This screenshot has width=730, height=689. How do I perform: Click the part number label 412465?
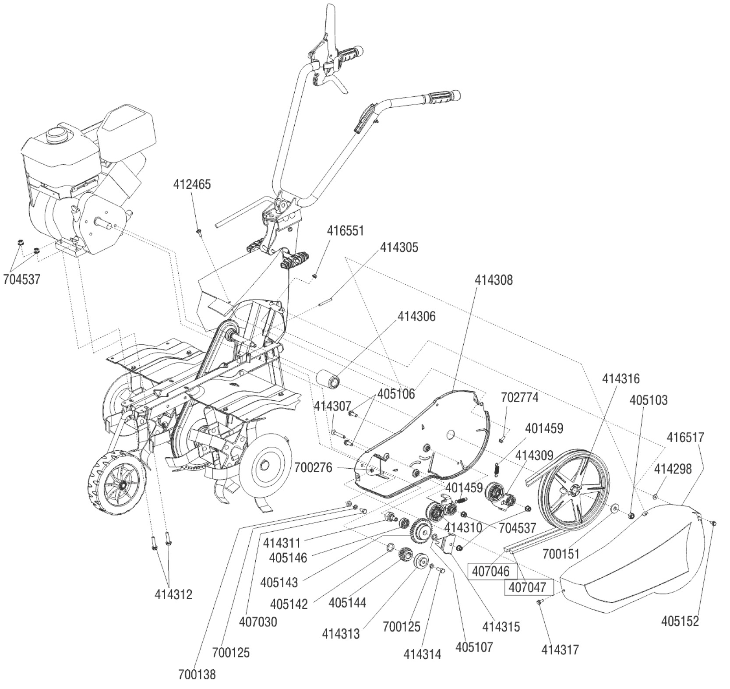point(192,184)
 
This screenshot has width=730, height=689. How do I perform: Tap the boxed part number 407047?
point(528,587)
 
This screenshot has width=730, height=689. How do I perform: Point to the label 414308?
point(493,279)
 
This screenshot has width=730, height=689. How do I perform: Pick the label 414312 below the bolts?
point(173,594)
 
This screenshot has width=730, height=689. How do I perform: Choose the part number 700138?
point(197,675)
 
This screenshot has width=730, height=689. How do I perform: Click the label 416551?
point(345,230)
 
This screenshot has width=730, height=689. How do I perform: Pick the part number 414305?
point(399,247)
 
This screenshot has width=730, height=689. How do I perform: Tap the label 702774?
point(519,398)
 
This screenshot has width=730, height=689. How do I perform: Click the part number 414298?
point(673,469)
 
